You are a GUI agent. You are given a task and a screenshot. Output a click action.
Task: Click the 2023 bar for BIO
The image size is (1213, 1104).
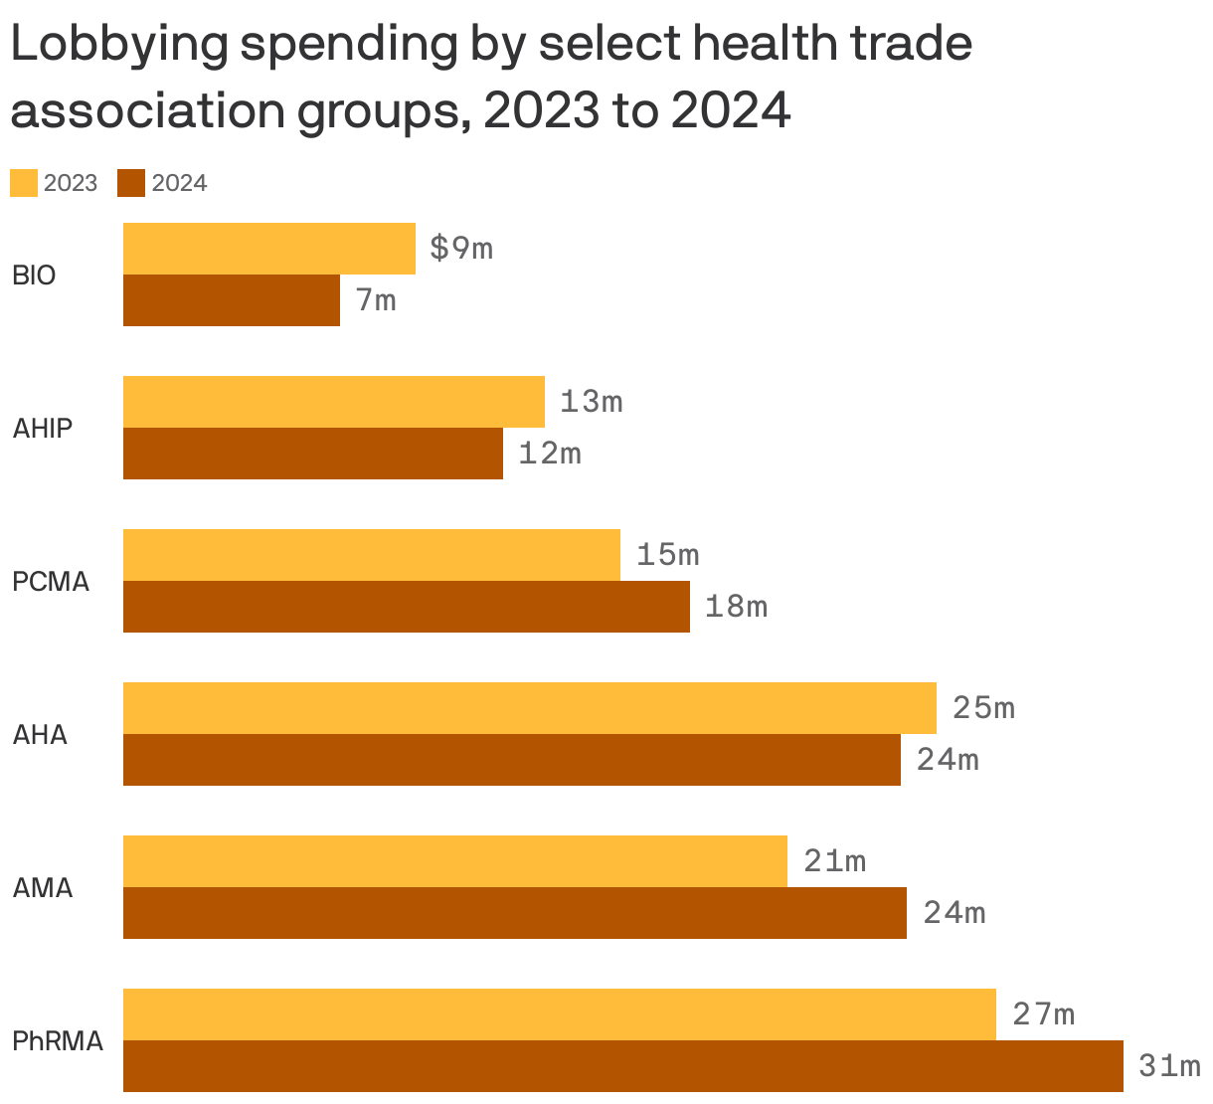coord(268,249)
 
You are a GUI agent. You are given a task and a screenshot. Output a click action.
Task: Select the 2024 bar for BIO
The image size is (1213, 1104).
coord(231,300)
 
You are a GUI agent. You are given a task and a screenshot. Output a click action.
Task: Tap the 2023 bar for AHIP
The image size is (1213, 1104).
coord(333,402)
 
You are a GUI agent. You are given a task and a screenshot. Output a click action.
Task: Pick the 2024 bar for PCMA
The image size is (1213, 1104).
coord(406,607)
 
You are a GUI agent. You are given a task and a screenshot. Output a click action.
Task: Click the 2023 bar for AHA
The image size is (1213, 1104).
coord(529,708)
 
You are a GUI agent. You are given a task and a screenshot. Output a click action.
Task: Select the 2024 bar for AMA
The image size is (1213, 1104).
coord(514,913)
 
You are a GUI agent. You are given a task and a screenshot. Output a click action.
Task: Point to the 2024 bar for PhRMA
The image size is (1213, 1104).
coord(622,1066)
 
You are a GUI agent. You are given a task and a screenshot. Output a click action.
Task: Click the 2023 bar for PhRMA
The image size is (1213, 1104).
coord(559,1014)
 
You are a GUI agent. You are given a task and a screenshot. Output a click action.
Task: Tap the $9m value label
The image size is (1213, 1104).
coord(461,249)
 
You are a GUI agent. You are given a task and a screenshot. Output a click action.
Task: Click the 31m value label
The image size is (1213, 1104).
coord(1169,1067)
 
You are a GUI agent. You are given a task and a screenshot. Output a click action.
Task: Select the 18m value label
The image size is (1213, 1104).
coord(736,607)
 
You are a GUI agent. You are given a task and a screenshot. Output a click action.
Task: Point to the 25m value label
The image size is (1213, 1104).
coord(983,708)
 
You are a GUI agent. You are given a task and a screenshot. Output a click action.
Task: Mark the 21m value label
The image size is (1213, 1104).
coord(834,861)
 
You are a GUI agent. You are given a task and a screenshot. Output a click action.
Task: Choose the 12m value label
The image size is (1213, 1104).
coord(549,454)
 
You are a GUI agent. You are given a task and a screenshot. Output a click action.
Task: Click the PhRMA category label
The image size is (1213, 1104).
coord(58,1041)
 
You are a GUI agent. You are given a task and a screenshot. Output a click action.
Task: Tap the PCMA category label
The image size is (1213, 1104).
coord(51,582)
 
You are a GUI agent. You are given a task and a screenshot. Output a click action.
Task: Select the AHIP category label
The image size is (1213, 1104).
coord(43,429)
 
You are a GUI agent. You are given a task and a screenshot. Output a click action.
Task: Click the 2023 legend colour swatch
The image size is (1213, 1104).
coord(24,183)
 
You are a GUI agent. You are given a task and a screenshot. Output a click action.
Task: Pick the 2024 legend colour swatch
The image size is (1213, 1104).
coord(131,183)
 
